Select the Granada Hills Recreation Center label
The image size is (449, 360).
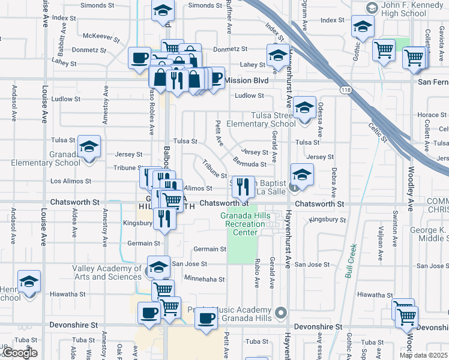242,224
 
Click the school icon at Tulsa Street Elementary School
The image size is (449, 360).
304,109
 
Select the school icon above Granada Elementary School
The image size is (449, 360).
89,147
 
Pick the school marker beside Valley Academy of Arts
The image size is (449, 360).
158,266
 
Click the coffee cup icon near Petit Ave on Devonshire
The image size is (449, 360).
206,317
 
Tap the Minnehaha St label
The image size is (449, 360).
204,279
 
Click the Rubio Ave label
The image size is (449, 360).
257,273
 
